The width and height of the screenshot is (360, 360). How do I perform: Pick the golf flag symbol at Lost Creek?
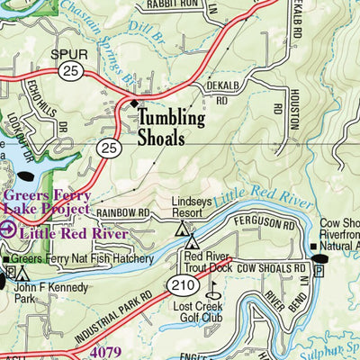tap(214, 291)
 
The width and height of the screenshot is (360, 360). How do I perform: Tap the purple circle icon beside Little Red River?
tap(8, 231)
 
